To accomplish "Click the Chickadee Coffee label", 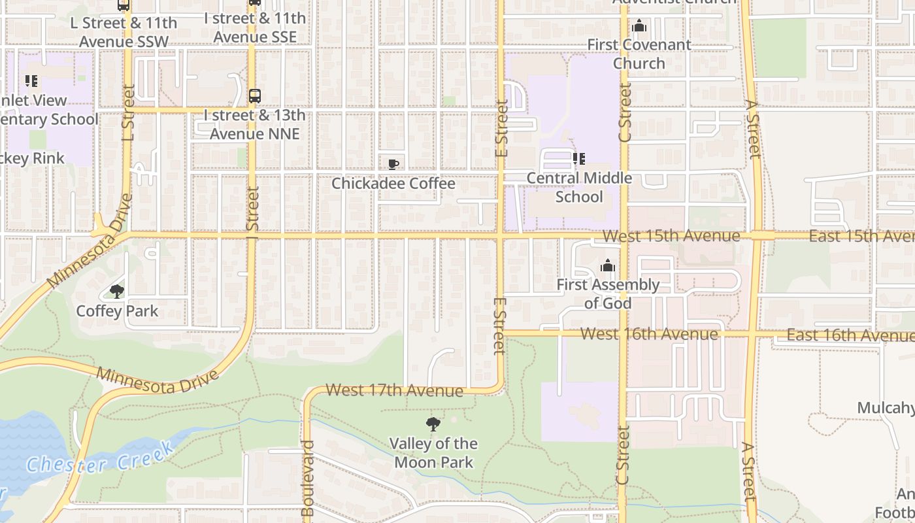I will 393,184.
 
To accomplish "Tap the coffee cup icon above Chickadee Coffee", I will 393,164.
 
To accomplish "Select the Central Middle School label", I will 578,187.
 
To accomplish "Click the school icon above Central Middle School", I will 578,158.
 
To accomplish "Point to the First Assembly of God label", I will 608,294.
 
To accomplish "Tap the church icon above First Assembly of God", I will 608,265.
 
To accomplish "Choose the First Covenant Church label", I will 639,54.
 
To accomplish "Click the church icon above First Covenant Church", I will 639,26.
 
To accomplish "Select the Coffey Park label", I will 117,311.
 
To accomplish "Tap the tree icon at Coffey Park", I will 117,292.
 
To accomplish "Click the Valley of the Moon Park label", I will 433,452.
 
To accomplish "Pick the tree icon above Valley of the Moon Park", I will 433,424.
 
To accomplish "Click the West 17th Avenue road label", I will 394,390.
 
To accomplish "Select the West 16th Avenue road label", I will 648,334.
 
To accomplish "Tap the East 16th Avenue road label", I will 850,335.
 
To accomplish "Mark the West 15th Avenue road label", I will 671,235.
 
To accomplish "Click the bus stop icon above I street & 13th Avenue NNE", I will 255,96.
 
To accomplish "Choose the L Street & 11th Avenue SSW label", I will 123,32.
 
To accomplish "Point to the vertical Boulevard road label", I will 308,477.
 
